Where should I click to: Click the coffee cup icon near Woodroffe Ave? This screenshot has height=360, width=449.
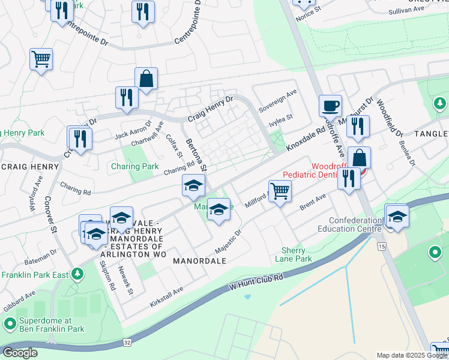pos(330,106)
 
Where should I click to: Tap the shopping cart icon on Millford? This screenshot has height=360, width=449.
pos(280,191)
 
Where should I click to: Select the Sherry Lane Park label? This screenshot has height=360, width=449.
pos(294,254)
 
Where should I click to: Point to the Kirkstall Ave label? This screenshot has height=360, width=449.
pos(166,297)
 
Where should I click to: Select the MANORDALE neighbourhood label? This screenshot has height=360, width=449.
pos(199,261)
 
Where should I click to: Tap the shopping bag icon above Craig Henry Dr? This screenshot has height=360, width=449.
pos(146,79)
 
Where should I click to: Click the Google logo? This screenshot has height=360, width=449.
pos(19,353)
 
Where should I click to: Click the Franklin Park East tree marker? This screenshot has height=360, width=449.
pos(76,274)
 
